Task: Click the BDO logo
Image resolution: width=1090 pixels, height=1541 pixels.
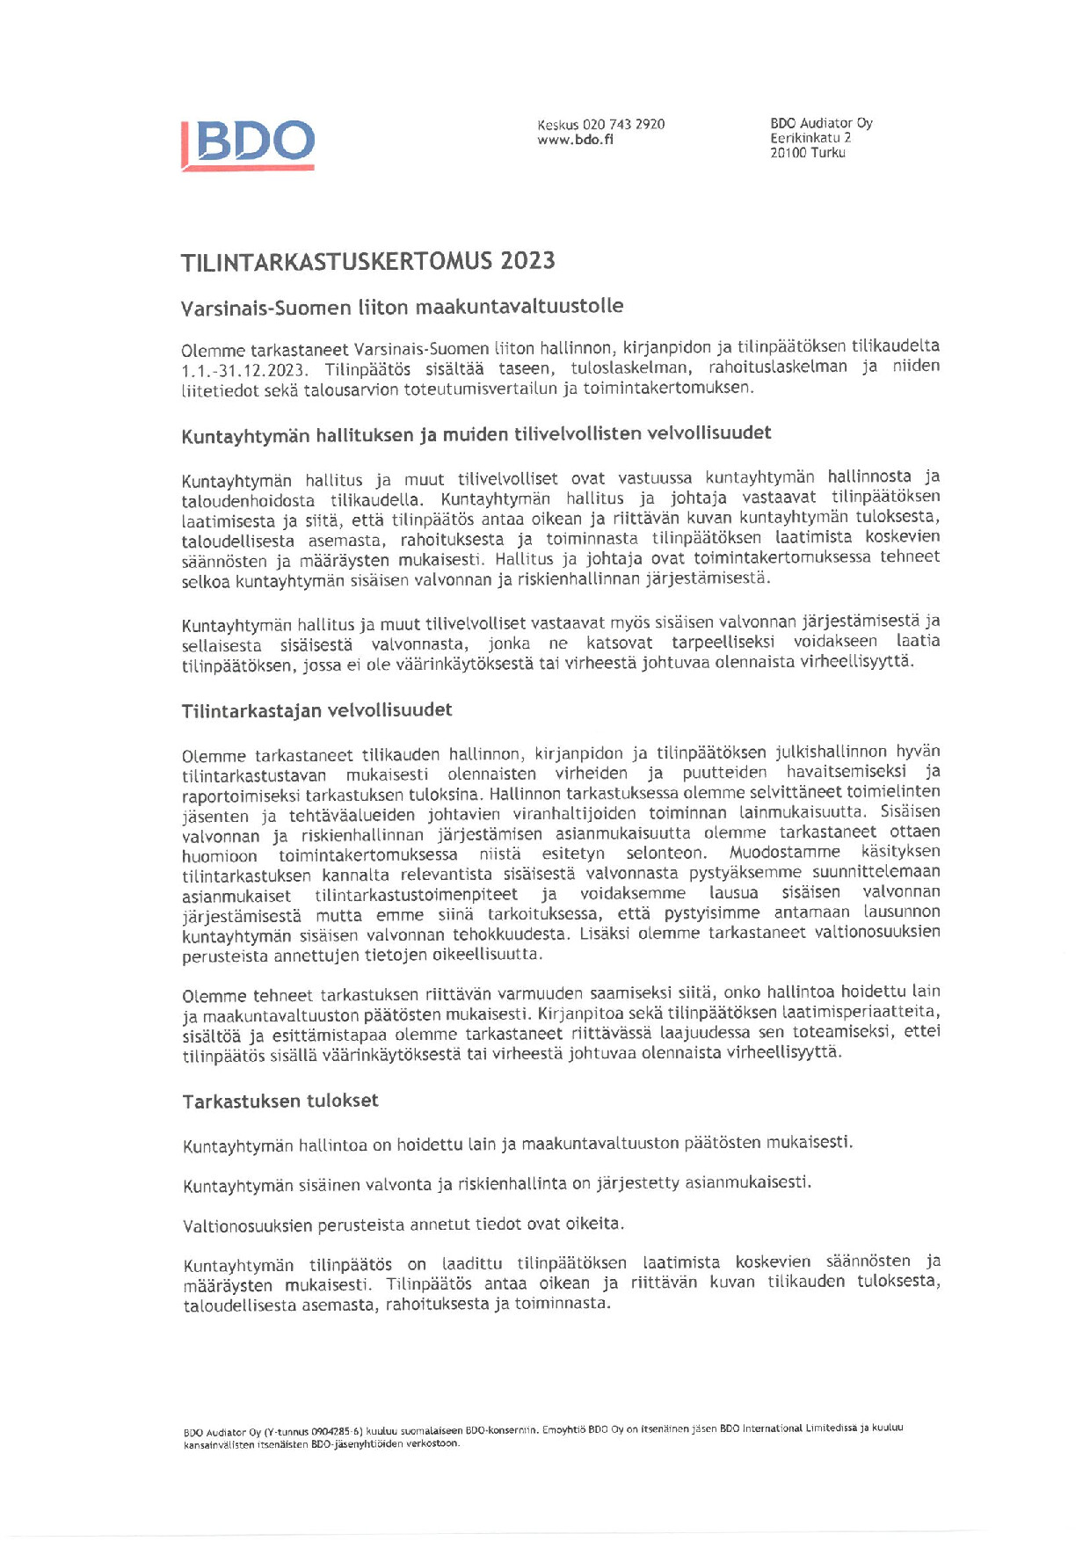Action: [x=249, y=143]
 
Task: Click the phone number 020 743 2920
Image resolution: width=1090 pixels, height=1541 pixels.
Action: [x=623, y=125]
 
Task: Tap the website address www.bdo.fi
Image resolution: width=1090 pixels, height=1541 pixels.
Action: [x=575, y=140]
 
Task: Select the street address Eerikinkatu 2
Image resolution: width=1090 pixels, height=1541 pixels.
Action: [x=810, y=138]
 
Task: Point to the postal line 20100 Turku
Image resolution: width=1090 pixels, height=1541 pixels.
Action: [x=807, y=153]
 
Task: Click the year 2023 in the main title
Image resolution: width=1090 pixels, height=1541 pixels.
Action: [x=527, y=261]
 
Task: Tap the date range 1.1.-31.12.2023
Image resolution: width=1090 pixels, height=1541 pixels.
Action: [x=244, y=370]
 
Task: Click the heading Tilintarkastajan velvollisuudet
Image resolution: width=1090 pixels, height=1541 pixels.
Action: [x=316, y=710]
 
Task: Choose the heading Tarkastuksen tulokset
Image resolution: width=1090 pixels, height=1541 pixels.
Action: [x=280, y=1101]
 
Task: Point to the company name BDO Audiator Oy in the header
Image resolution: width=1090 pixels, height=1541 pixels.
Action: [x=821, y=124]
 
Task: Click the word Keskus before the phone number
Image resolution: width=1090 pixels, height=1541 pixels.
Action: [x=557, y=125]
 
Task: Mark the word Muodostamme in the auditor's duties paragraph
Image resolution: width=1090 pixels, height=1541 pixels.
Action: [x=784, y=853]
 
